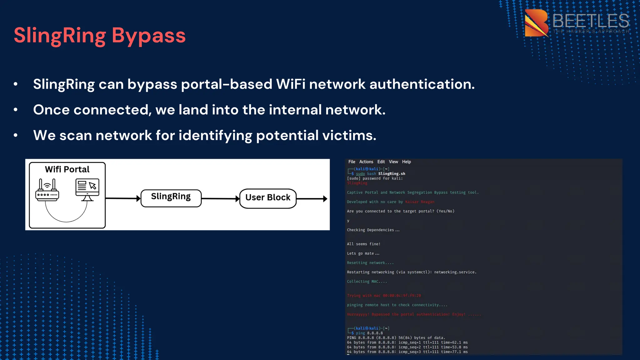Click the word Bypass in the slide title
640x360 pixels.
pos(148,36)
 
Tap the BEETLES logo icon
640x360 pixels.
pos(536,23)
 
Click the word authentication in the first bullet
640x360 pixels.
pos(422,84)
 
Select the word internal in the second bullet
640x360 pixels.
pos(295,110)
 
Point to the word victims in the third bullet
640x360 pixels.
pos(349,136)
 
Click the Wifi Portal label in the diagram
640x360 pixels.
pos(67,169)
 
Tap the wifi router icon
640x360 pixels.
pos(47,190)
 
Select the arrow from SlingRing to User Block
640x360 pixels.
pos(220,198)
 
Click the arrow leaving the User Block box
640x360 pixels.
pos(312,198)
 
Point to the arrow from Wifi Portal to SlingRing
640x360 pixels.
pos(123,198)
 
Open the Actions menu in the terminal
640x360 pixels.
pos(366,162)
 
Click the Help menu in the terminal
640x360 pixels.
pos(406,162)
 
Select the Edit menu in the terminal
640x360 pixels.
pos(381,162)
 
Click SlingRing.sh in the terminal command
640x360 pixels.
pos(392,174)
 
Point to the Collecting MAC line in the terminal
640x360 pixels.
pos(367,282)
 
